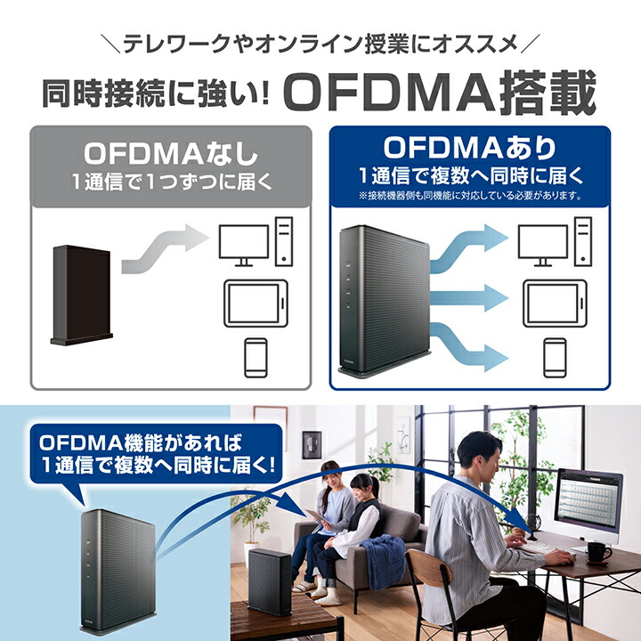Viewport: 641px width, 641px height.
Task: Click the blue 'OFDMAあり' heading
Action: [470, 146]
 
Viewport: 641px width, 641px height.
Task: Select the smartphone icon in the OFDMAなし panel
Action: [257, 355]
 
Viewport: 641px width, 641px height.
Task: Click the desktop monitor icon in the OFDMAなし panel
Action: [242, 246]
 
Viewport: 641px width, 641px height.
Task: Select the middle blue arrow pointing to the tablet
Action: [472, 294]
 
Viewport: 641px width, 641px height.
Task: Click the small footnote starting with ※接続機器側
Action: [470, 195]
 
